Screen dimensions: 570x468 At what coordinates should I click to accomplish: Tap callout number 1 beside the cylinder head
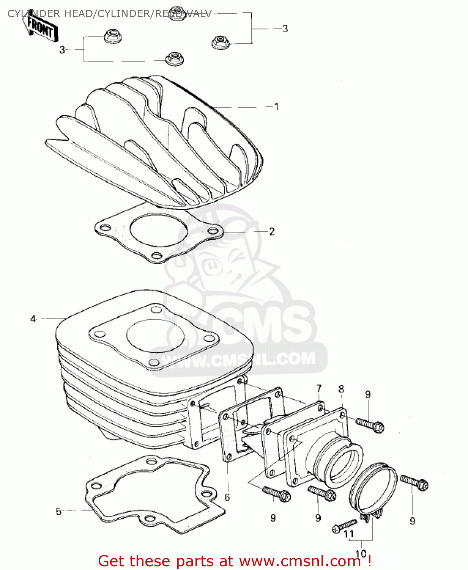click(x=276, y=107)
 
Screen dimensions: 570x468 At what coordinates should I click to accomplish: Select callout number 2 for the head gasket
click(x=272, y=231)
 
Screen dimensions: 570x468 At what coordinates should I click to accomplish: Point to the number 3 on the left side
click(x=62, y=50)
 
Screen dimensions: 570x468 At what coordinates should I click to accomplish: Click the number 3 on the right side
click(x=285, y=28)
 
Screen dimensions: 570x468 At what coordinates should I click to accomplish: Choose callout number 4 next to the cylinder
click(x=33, y=319)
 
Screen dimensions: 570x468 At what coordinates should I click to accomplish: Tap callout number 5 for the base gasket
click(x=58, y=511)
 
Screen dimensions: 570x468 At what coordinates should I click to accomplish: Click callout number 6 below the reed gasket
click(x=227, y=497)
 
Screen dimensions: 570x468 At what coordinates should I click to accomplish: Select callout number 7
click(x=319, y=388)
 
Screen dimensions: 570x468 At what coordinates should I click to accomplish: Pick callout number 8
click(x=341, y=389)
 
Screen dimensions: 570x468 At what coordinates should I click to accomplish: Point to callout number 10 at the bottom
click(x=361, y=553)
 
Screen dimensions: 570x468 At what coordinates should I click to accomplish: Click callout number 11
click(x=348, y=534)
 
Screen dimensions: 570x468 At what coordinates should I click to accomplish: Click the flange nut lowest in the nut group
click(x=173, y=59)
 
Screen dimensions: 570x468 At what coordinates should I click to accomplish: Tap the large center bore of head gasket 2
click(x=159, y=230)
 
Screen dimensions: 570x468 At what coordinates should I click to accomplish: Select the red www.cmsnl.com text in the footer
click(x=299, y=561)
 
